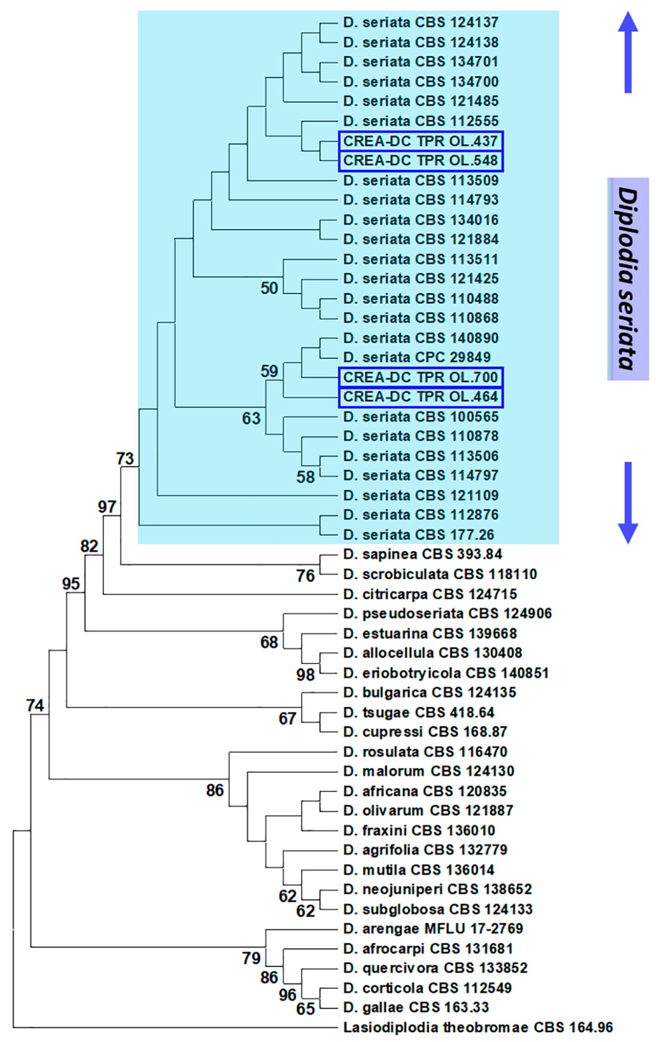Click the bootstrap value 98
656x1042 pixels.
(305, 675)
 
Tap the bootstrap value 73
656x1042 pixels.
(125, 459)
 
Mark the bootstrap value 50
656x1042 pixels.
(269, 288)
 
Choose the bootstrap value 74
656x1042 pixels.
(35, 706)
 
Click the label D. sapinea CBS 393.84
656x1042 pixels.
(422, 554)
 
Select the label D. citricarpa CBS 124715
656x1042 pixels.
(430, 594)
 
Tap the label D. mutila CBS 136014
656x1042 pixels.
(419, 870)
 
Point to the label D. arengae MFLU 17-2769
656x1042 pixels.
(433, 929)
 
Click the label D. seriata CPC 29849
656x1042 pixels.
(417, 357)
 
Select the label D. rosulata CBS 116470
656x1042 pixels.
(425, 752)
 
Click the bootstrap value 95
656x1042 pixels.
(71, 584)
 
